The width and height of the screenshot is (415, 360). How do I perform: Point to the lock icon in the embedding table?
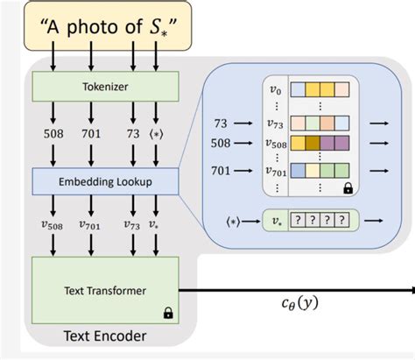[x=347, y=187]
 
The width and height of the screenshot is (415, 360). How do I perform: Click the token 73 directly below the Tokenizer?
[x=133, y=134]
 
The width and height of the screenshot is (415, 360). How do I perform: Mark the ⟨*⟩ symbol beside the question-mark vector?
[x=234, y=219]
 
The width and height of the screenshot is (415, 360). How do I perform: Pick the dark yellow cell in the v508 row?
[x=301, y=141]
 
